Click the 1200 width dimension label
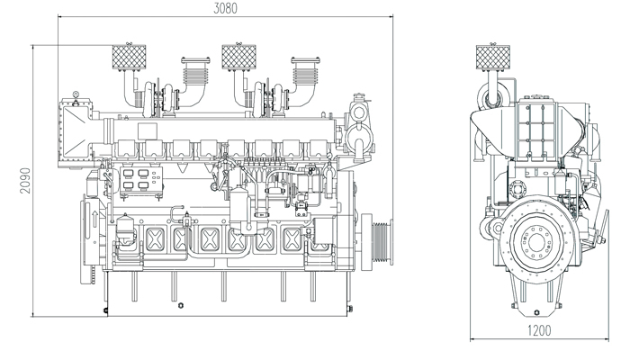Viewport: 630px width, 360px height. pyautogui.click(x=538, y=331)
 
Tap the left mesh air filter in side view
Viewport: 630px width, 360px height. pyautogui.click(x=125, y=58)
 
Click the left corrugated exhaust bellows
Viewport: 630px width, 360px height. pyautogui.click(x=194, y=69)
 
